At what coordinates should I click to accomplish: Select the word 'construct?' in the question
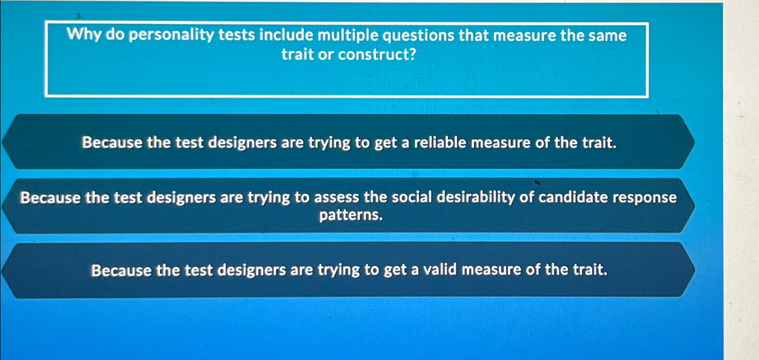[377, 55]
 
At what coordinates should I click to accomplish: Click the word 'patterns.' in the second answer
[351, 215]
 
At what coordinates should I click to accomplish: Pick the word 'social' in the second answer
[412, 197]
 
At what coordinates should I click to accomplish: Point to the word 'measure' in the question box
[524, 35]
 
